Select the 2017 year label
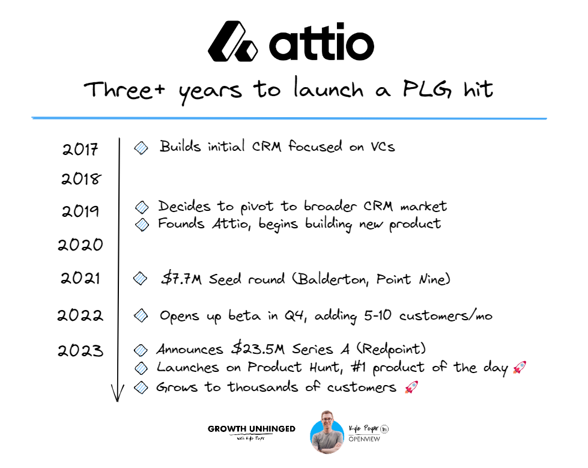tap(80, 148)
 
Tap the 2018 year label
tap(81, 179)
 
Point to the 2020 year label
tap(81, 245)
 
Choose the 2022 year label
tap(81, 315)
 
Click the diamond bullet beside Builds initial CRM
tap(142, 147)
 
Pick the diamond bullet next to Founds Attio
tap(142, 225)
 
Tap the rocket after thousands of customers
tap(411, 387)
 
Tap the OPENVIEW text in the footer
tap(364, 439)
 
